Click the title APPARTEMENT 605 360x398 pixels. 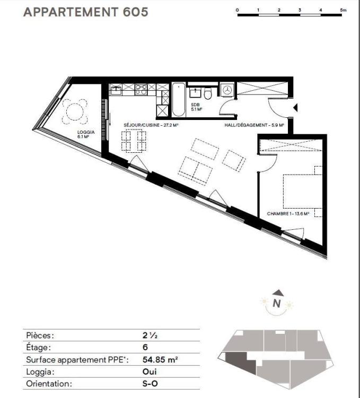click(86, 12)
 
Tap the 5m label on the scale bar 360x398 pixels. click(343, 10)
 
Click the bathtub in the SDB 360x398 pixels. click(179, 100)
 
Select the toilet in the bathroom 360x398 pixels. click(208, 93)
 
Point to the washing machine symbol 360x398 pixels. click(227, 90)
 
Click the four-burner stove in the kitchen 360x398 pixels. click(141, 90)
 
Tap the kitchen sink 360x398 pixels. click(116, 90)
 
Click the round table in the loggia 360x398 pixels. click(75, 111)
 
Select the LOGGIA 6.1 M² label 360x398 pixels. click(86, 134)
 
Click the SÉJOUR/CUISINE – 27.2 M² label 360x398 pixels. click(151, 125)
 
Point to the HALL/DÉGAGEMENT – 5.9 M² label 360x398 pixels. click(254, 125)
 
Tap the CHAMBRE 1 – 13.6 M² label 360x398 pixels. click(288, 214)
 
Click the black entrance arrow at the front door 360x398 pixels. click(295, 108)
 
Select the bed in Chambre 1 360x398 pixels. click(302, 192)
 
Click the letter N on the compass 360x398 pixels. click(277, 304)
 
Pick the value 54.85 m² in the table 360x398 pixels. click(160, 360)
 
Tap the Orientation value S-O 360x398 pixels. click(150, 384)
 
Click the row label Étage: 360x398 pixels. click(38, 347)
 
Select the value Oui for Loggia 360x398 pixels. click(150, 371)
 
